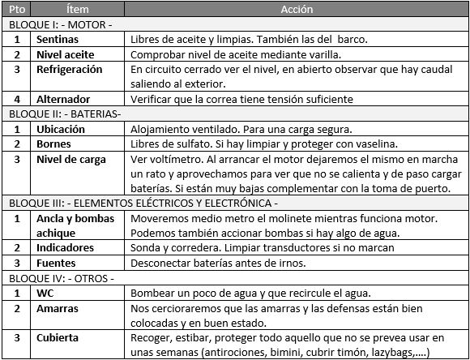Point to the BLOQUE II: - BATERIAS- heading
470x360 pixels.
[63, 114]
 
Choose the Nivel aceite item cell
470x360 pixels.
[66, 54]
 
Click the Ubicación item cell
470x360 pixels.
[63, 130]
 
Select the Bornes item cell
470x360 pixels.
[54, 144]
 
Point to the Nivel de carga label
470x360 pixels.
[71, 159]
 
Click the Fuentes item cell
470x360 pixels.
[57, 263]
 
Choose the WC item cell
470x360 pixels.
[45, 293]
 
